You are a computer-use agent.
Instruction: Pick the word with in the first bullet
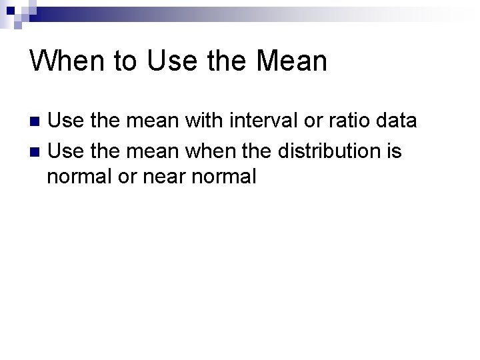coord(205,121)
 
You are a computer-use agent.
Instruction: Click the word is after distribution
coord(394,151)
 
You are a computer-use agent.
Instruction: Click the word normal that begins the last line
coord(75,177)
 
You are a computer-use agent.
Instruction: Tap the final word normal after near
coord(224,177)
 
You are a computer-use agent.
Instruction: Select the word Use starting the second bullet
coord(64,151)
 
